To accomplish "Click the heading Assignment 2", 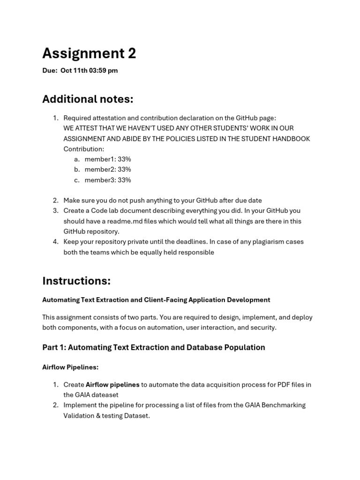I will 89,54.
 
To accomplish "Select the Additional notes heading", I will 88,99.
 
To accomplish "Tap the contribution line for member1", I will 108,159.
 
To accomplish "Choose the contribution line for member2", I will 108,170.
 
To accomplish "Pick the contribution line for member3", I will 108,180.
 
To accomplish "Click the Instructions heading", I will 76,281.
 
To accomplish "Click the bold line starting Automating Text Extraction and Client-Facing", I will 156,300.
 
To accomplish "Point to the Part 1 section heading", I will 153,347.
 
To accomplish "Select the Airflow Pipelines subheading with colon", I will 70,367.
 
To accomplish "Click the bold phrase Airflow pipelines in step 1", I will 112,385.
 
